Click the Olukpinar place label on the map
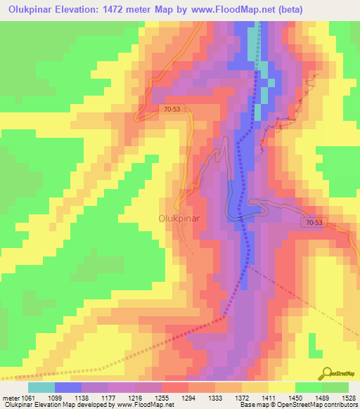click(179, 219)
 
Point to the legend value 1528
click(347, 397)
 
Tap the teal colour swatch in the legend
click(41, 387)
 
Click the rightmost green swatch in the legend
click(335, 387)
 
